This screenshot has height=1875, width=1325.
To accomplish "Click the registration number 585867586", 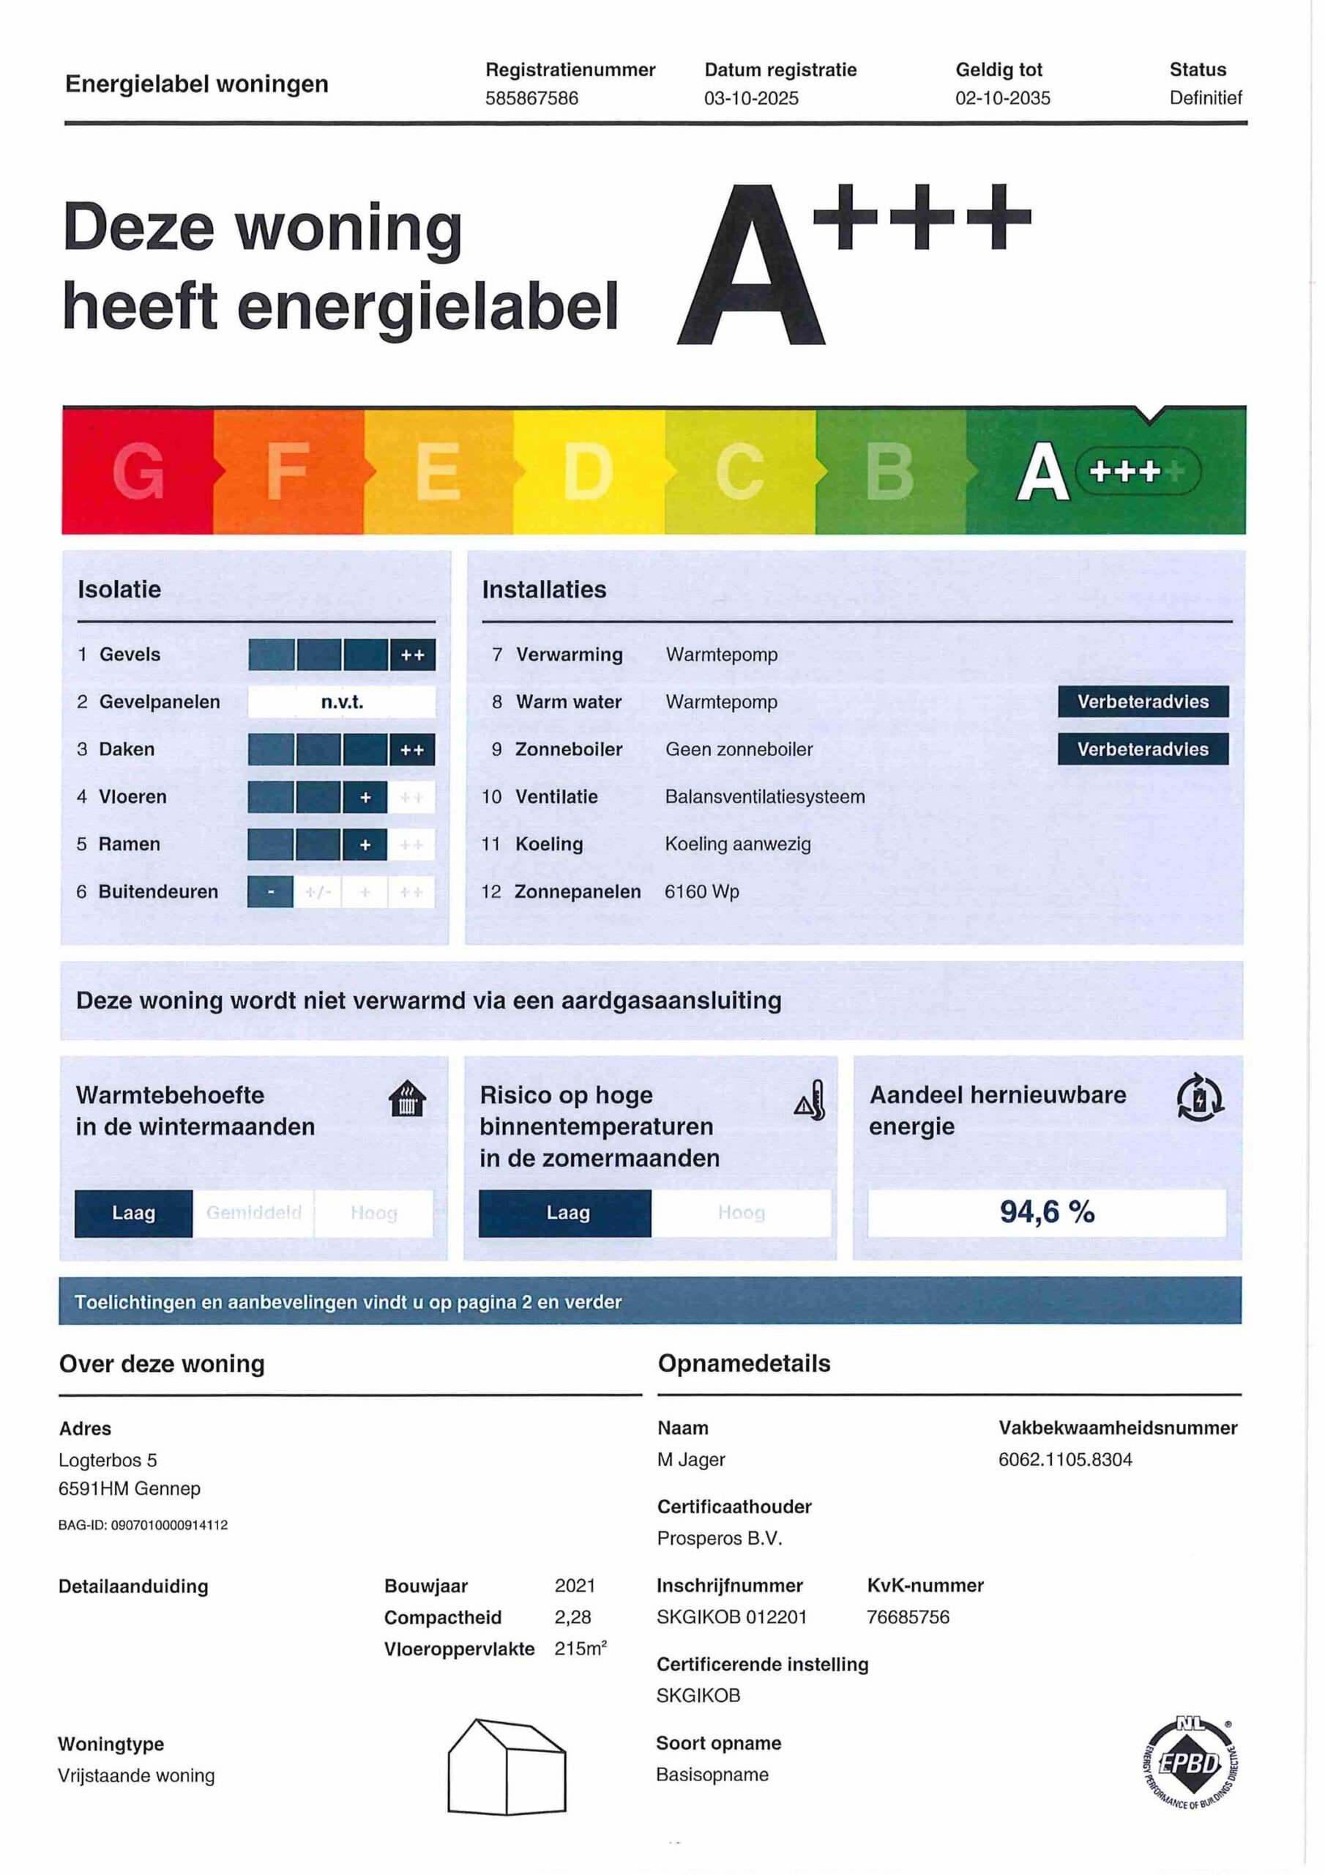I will click(x=531, y=99).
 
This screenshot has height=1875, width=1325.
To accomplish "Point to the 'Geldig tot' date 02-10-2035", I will click(x=1002, y=99).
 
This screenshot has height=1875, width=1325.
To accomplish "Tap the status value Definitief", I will click(x=1205, y=98).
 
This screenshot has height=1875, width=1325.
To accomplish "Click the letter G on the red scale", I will click(x=139, y=471).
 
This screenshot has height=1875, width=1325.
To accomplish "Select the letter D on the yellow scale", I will click(x=588, y=471).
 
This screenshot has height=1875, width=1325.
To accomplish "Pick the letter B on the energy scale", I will click(x=889, y=471).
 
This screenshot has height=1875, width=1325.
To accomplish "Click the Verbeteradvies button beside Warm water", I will click(x=1142, y=702).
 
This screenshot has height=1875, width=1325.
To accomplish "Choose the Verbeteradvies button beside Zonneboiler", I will click(x=1142, y=749).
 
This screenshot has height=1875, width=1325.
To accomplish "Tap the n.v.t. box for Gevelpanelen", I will click(x=341, y=702).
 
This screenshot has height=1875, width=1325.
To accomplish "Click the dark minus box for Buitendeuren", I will click(x=270, y=892).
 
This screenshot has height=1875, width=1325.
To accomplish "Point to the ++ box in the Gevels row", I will click(x=412, y=655).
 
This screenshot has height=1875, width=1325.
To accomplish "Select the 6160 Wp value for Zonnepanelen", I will click(x=701, y=892).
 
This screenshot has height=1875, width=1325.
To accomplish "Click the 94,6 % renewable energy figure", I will click(x=1047, y=1212).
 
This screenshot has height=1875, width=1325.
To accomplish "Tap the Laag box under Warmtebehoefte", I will click(x=134, y=1213).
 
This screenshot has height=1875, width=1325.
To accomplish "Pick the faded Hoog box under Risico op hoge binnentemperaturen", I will click(x=742, y=1213).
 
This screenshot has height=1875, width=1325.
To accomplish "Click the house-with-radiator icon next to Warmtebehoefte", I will click(x=407, y=1099).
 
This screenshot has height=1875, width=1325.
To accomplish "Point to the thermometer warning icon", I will click(x=810, y=1100).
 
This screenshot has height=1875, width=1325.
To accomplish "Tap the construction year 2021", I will click(x=575, y=1586).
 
